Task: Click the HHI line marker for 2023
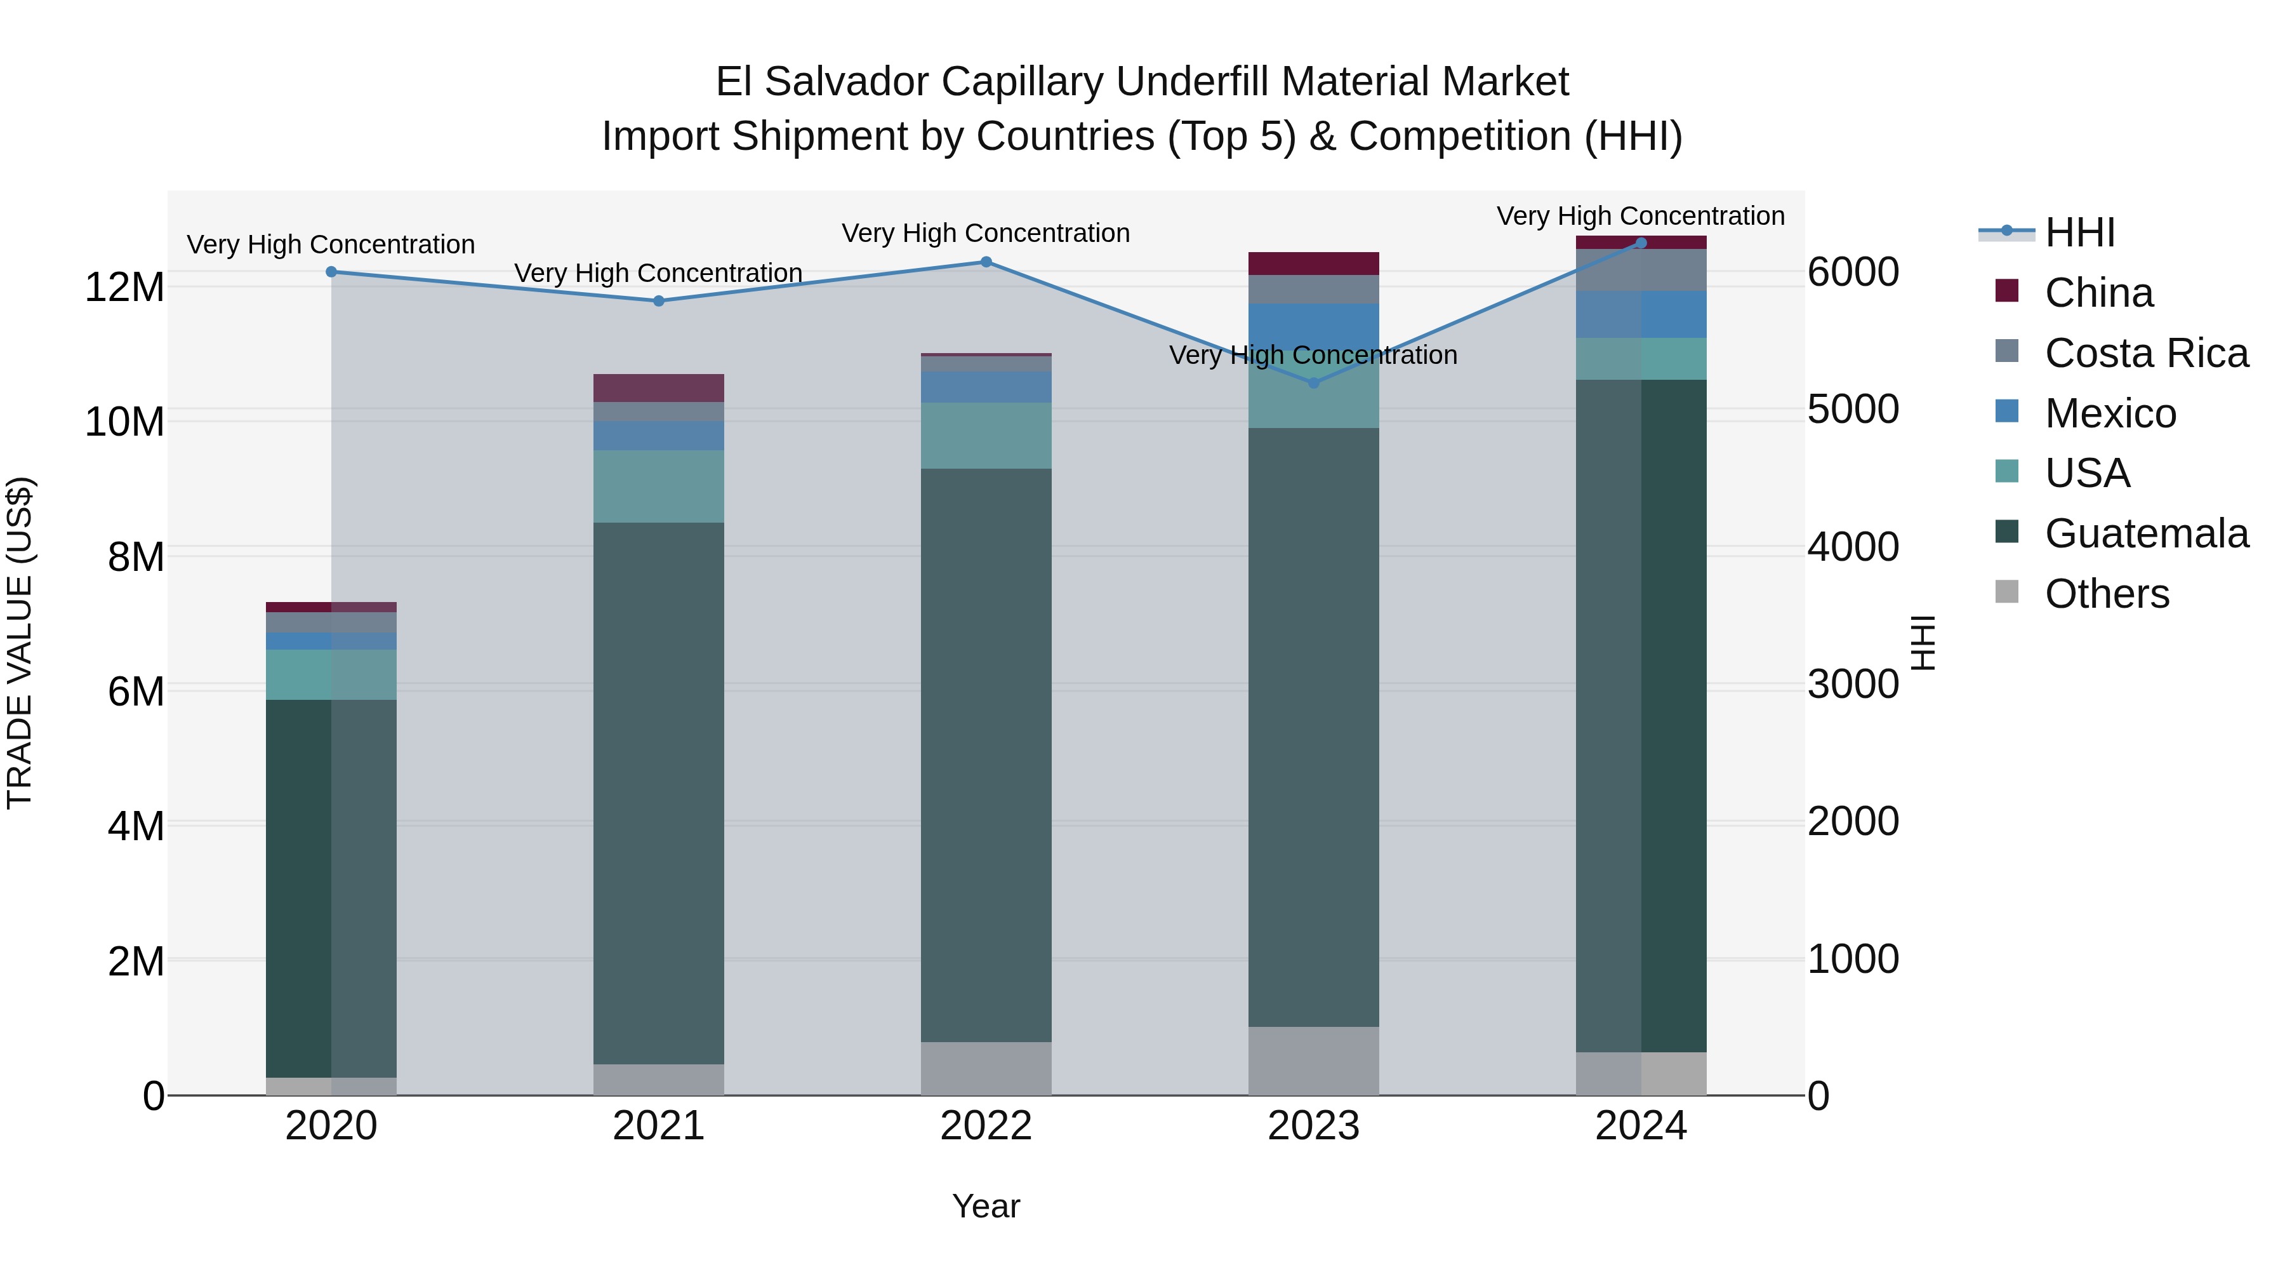tap(1314, 382)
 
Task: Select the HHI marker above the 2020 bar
tap(331, 272)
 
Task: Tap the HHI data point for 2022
tap(986, 262)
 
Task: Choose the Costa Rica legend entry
tap(2146, 353)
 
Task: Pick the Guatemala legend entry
tap(2146, 533)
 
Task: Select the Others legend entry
tap(2107, 594)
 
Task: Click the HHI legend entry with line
tap(2079, 232)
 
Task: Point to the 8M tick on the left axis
tap(136, 558)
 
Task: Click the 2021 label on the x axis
tap(658, 1126)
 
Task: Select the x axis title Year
tap(986, 1206)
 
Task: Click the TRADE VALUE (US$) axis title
tap(20, 643)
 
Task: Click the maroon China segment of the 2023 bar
tap(1314, 264)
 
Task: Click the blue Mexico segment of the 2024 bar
tap(1641, 314)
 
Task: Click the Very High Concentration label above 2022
tap(986, 234)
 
